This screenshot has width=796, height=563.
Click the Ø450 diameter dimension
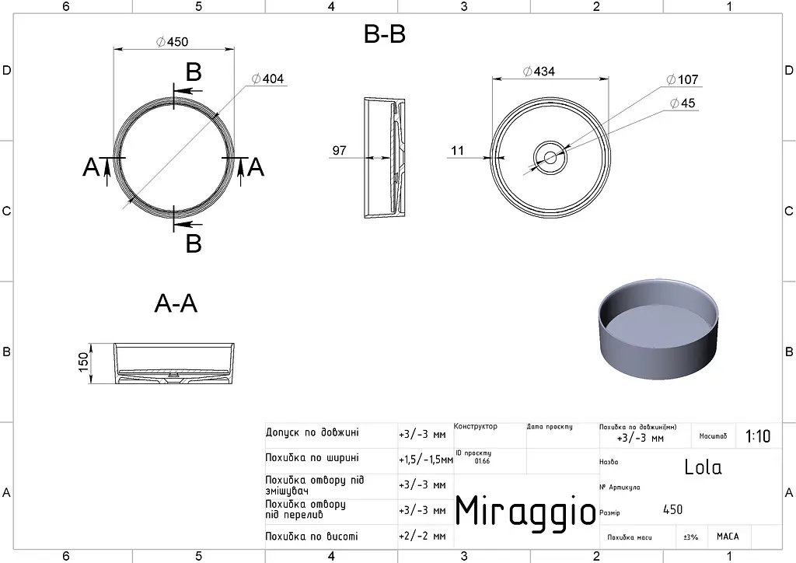click(x=172, y=42)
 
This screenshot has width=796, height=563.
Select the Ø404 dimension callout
click(x=267, y=79)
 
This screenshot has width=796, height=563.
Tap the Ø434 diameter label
click(x=539, y=71)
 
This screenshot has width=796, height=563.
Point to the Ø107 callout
click(x=683, y=79)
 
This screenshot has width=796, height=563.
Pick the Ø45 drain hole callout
click(x=683, y=103)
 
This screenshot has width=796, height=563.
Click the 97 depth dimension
click(x=339, y=150)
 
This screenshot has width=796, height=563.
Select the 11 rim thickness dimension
click(x=457, y=150)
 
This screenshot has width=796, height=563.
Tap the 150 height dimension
click(x=83, y=362)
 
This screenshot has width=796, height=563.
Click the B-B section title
click(x=385, y=34)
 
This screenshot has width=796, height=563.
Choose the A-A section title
click(x=176, y=303)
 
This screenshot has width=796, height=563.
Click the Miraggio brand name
click(x=525, y=510)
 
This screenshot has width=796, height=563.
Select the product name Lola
click(x=703, y=467)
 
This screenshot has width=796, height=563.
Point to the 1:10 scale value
click(x=757, y=436)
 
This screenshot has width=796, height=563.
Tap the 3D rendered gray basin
click(x=659, y=328)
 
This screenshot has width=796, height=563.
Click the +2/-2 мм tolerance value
click(x=422, y=536)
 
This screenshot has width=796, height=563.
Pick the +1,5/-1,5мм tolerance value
click(x=426, y=460)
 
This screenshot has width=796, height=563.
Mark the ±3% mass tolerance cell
click(x=690, y=537)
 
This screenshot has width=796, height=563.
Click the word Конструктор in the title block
click(x=476, y=426)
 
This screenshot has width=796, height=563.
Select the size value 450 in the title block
click(x=672, y=509)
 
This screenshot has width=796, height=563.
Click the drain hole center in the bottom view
click(x=550, y=158)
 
